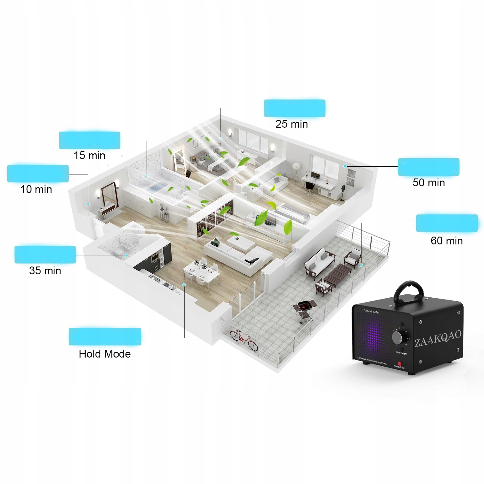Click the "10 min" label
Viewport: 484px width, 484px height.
pos(36,189)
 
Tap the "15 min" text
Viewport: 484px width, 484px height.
pos(90,155)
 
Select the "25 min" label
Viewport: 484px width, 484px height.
pos(292,124)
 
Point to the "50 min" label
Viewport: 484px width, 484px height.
pos(429,183)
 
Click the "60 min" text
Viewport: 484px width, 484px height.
pos(447,241)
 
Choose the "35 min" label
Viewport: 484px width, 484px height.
pos(45,270)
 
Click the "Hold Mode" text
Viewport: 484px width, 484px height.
pos(105,354)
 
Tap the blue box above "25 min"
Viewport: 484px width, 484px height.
pos(295,108)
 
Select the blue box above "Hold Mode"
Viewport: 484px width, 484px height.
pos(105,336)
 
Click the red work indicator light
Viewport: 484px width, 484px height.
pos(399,363)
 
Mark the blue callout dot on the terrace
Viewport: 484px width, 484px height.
pos(361,265)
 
